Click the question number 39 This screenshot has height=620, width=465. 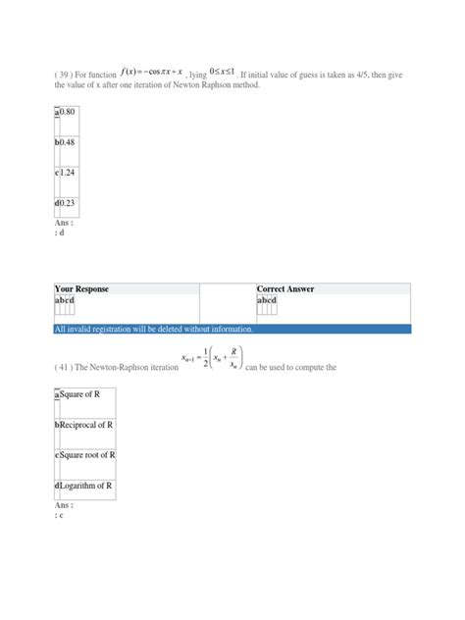tap(66, 73)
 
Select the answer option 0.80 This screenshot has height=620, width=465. tap(67, 114)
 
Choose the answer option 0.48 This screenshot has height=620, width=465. tap(67, 144)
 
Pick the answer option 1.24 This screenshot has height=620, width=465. tap(67, 175)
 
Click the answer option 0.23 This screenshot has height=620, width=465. tap(67, 204)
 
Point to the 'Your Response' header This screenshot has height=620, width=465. tap(82, 289)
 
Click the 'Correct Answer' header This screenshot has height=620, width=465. tap(290, 289)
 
